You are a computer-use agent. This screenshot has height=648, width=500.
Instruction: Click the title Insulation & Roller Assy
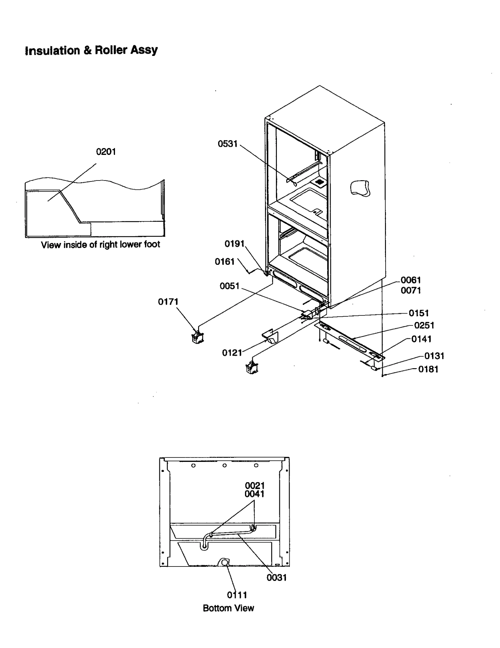[x=91, y=50]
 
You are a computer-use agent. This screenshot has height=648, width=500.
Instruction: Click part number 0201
[x=106, y=152]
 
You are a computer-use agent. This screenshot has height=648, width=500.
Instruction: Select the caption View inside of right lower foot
[x=100, y=245]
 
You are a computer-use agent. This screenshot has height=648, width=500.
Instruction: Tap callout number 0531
[x=227, y=144]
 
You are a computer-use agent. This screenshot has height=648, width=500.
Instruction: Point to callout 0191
[x=234, y=244]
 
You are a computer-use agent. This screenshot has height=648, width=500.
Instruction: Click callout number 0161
[x=224, y=262]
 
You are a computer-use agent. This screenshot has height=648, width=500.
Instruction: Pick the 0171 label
[x=168, y=302]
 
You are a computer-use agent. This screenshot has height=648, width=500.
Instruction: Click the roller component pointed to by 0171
[x=197, y=338]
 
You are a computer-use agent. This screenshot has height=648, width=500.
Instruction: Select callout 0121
[x=232, y=353]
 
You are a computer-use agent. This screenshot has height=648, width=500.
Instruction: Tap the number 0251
[x=424, y=325]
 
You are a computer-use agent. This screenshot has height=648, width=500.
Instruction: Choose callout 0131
[x=434, y=356]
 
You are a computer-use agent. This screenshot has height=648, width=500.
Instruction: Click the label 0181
[x=428, y=369]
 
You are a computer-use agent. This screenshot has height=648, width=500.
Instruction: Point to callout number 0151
[x=418, y=313]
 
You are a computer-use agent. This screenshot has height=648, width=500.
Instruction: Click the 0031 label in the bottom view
[x=276, y=577]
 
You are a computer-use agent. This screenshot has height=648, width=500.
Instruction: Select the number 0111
[x=237, y=595]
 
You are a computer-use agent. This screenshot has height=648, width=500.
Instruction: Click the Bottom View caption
[x=228, y=608]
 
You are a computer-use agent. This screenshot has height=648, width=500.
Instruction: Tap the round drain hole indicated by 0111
[x=224, y=563]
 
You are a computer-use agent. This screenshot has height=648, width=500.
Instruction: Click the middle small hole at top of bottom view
[x=224, y=466]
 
